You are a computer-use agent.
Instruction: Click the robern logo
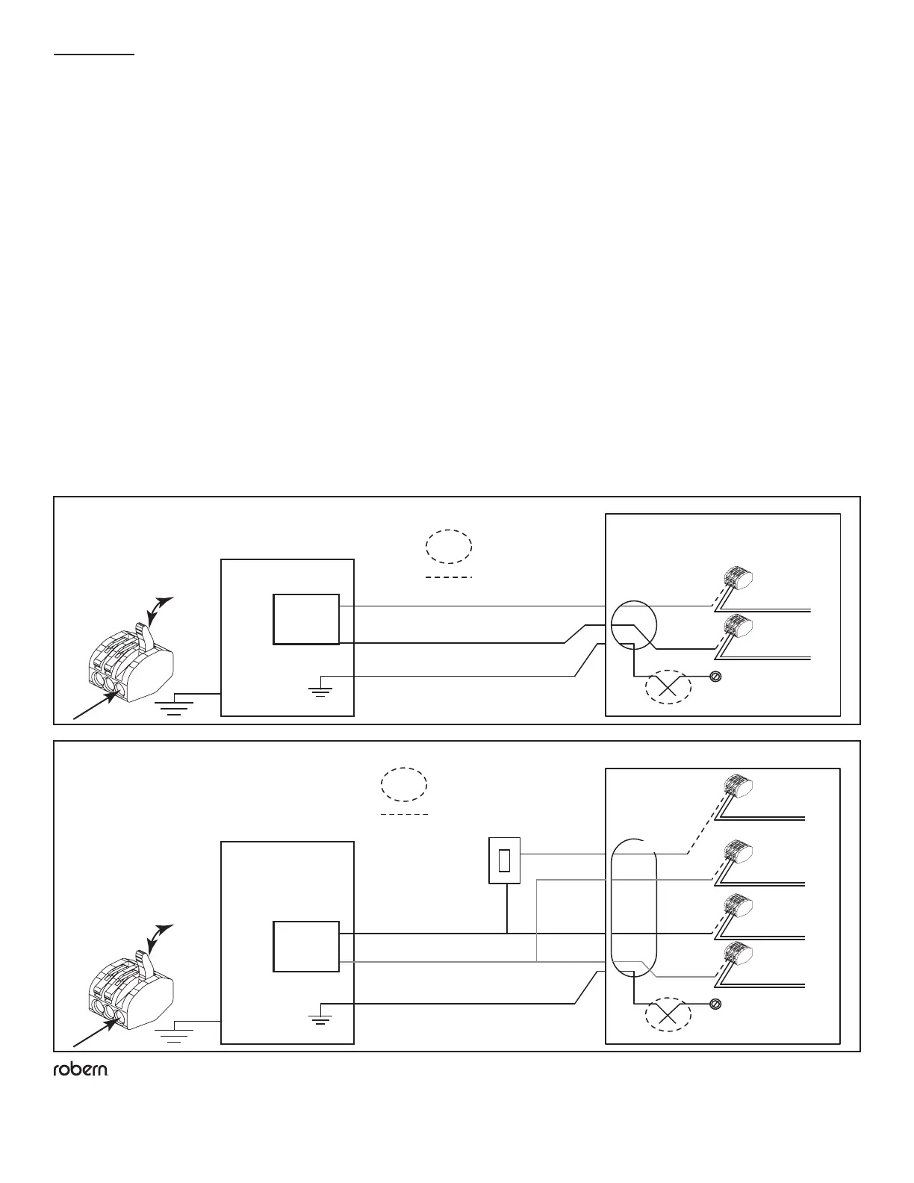tap(81, 1070)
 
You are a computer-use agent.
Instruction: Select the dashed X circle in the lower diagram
tap(668, 1016)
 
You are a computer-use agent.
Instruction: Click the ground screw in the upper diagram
tap(715, 677)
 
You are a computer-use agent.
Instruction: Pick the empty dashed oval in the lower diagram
tap(404, 785)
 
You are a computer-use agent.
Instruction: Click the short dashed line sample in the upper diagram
tap(449, 577)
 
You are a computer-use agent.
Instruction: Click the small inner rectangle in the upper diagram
tap(306, 619)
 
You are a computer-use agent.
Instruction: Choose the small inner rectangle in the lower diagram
tap(306, 946)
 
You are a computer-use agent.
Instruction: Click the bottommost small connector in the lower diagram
tap(738, 956)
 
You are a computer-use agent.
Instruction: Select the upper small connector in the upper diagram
tap(738, 578)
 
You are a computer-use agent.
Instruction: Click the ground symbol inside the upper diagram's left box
tap(321, 687)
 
